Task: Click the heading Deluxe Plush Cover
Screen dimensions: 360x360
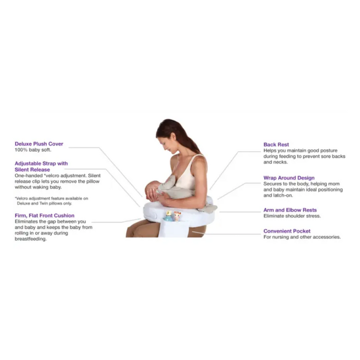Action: click(39, 144)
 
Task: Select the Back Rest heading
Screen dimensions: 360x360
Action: click(276, 144)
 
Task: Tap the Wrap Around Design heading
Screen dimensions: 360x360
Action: click(289, 178)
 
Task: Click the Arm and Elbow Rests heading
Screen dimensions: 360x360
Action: click(290, 210)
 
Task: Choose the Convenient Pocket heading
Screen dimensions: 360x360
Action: click(287, 231)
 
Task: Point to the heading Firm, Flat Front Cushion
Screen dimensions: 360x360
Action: click(45, 216)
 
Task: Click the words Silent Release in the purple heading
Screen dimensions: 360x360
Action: click(32, 169)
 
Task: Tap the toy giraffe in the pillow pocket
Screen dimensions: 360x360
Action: click(177, 216)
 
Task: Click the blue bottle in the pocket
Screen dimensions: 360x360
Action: click(169, 216)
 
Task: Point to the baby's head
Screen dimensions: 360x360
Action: click(151, 190)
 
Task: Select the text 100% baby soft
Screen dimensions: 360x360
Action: click(33, 150)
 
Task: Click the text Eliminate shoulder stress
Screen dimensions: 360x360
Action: click(292, 216)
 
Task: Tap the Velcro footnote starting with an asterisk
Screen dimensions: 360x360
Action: click(51, 201)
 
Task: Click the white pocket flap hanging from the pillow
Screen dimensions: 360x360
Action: click(173, 228)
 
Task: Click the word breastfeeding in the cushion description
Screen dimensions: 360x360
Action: click(31, 239)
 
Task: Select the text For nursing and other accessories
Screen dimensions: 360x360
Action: click(302, 237)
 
